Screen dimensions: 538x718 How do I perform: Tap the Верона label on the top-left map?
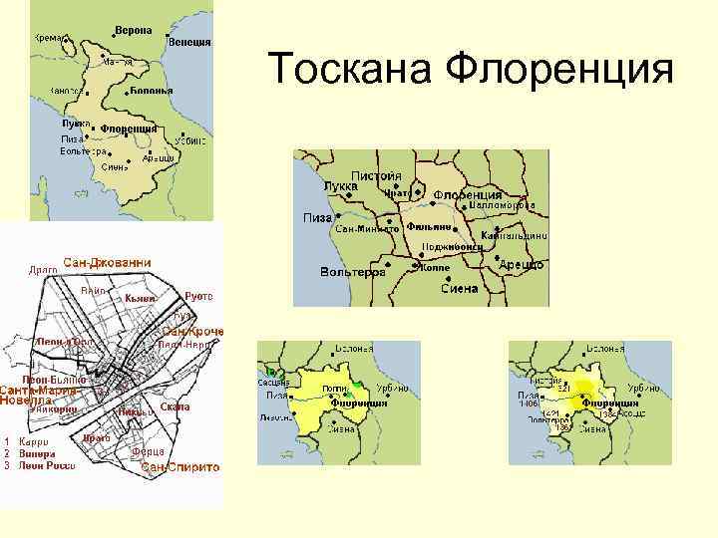pyautogui.click(x=133, y=30)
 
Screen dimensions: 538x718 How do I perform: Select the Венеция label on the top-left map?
pyautogui.click(x=188, y=42)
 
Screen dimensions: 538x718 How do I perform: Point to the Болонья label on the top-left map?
pyautogui.click(x=151, y=91)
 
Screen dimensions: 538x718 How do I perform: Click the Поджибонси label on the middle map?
pyautogui.click(x=453, y=245)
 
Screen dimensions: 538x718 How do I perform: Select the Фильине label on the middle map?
pyautogui.click(x=430, y=226)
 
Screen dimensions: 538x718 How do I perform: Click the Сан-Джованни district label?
pyautogui.click(x=107, y=262)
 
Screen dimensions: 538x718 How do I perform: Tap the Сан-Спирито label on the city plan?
pyautogui.click(x=179, y=466)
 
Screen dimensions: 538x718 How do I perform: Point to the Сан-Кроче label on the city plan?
pyautogui.click(x=191, y=331)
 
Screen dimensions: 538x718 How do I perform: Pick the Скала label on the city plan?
pyautogui.click(x=174, y=407)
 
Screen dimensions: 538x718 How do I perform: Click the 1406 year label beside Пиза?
pyautogui.click(x=528, y=403)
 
